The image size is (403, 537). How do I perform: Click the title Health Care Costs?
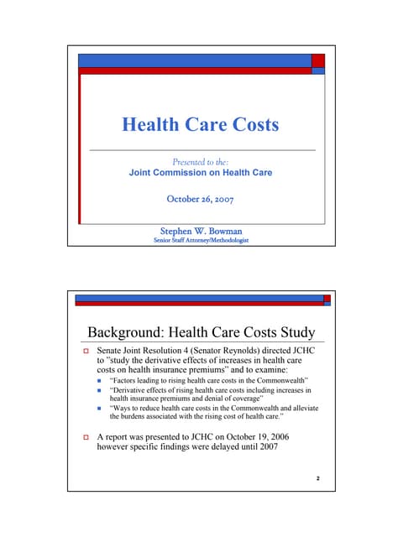pyautogui.click(x=200, y=125)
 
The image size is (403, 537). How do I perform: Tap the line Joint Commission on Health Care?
pyautogui.click(x=200, y=173)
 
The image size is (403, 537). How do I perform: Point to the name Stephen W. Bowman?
pyautogui.click(x=200, y=229)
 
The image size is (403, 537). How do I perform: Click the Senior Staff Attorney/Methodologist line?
pyautogui.click(x=200, y=240)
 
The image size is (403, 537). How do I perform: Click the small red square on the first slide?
pyautogui.click(x=318, y=60)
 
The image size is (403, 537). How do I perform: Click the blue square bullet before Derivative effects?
pyautogui.click(x=101, y=392)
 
